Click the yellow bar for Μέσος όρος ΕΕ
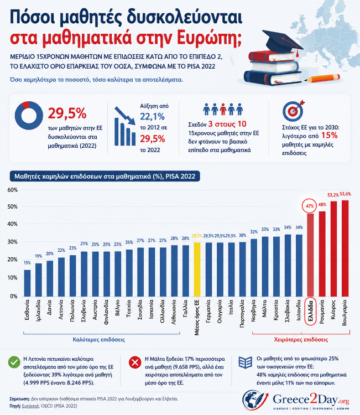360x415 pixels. [197, 269]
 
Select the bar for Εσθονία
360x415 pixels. [27, 283]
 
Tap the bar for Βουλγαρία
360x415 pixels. [345, 248]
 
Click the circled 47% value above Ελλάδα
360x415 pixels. [310, 206]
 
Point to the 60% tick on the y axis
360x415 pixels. [12, 190]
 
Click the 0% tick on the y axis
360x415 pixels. [14, 296]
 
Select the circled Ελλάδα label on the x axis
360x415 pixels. [310, 312]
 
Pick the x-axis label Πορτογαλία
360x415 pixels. [242, 314]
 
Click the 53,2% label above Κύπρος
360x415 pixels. [333, 195]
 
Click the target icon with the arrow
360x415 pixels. [294, 110]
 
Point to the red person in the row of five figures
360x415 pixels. [223, 109]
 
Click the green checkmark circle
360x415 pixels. [14, 362]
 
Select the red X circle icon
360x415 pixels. [135, 362]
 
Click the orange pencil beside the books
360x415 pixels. [324, 79]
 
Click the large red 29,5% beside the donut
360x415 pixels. [67, 114]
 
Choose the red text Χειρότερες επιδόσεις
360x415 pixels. [301, 340]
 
